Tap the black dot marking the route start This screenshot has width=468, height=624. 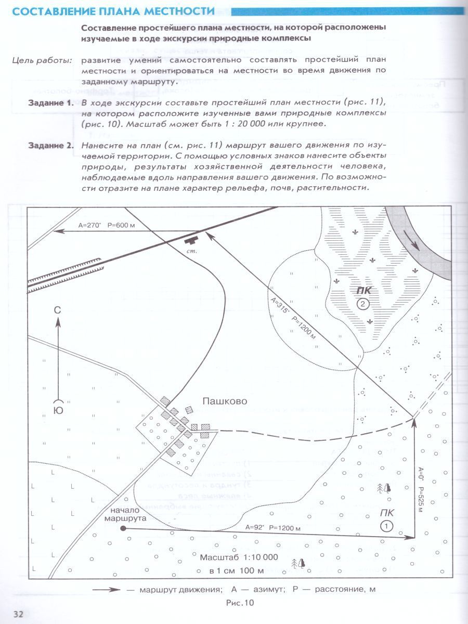(123, 528)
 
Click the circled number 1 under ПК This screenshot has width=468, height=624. (386, 526)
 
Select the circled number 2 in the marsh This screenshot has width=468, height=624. (363, 304)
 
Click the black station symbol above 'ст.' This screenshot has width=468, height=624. (193, 240)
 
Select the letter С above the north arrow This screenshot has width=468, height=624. (58, 310)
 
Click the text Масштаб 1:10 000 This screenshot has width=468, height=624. (239, 557)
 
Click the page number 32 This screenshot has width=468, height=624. (18, 614)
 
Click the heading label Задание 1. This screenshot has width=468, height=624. (50, 102)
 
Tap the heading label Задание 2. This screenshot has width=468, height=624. (50, 145)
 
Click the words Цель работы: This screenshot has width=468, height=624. (42, 60)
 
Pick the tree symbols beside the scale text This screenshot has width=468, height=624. (298, 563)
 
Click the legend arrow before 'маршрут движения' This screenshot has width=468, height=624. (107, 590)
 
